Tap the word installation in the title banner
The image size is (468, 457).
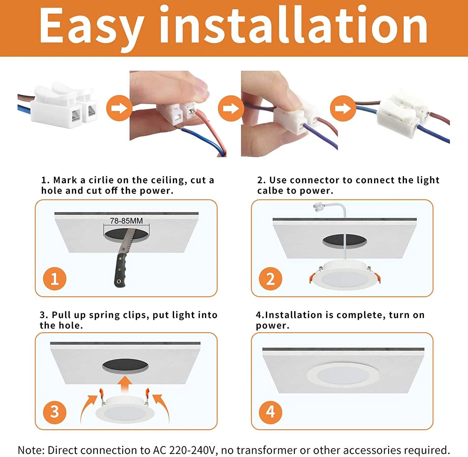click(x=293, y=25)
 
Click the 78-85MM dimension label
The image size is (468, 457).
click(x=126, y=221)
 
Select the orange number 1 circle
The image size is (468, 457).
click(x=55, y=279)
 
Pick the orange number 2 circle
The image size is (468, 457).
click(x=271, y=279)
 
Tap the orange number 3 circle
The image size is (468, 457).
click(x=55, y=412)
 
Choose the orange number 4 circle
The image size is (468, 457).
click(x=271, y=412)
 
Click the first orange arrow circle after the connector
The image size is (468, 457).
click(x=119, y=108)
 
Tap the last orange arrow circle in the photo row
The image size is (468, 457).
click(x=343, y=108)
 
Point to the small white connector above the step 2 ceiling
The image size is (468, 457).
click(x=318, y=207)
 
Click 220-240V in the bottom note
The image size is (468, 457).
click(x=192, y=450)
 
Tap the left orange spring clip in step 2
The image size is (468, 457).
click(x=312, y=277)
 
